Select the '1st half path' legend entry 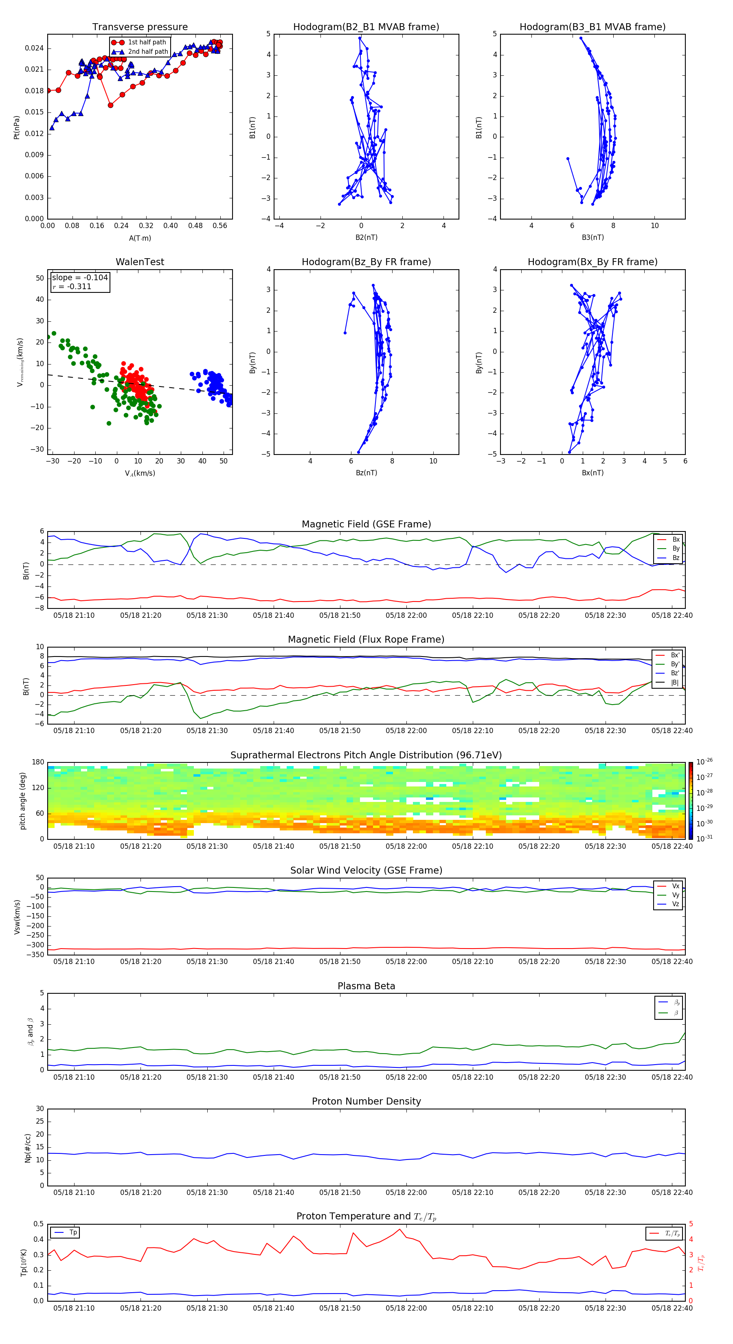point(147,42)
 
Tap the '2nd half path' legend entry point(148,52)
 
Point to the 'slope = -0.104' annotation point(80,278)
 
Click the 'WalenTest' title point(140,262)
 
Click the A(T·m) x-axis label point(140,238)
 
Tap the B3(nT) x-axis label point(593,237)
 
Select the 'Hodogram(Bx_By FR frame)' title point(592,262)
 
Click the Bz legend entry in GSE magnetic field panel point(676,558)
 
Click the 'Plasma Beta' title point(366,986)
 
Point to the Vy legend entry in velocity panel point(675,895)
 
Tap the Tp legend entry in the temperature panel point(73,1232)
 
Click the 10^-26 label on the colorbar point(704,762)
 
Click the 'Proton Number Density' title point(366,1101)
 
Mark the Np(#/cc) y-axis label point(28,1148)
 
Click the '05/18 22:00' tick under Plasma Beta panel point(406,1077)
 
